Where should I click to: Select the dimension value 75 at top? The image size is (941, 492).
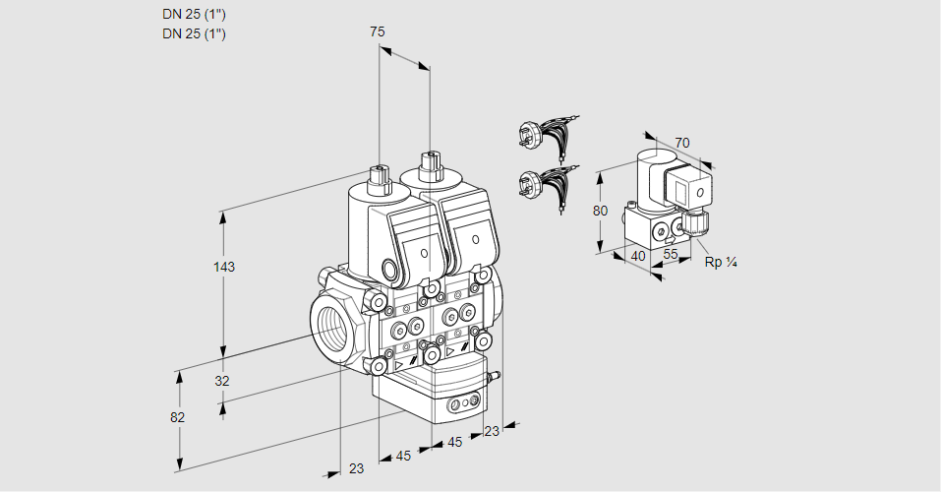[377, 32]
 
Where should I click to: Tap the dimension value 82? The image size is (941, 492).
[177, 417]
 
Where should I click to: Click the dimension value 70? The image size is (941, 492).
[682, 143]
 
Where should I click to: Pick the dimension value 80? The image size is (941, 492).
[602, 210]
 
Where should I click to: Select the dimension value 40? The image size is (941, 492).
[637, 256]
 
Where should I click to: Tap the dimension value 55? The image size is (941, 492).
[672, 256]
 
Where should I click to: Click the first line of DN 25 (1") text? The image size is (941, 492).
[194, 15]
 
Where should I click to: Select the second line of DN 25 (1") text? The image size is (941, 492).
[194, 34]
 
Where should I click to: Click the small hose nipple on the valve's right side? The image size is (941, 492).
[495, 375]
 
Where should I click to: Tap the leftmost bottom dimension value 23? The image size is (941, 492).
[356, 468]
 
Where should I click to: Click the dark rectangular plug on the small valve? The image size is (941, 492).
[680, 185]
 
